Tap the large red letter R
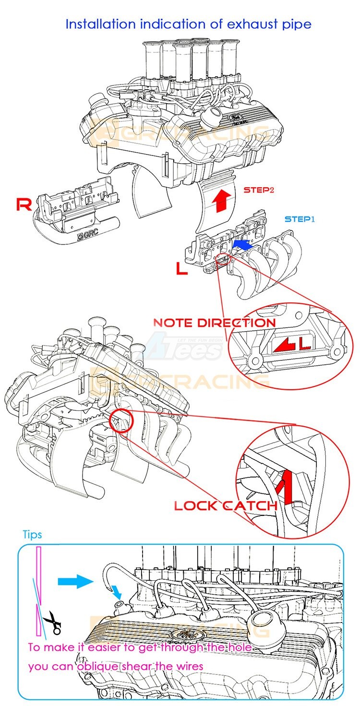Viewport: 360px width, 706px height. [24, 204]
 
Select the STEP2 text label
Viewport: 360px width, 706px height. [259, 190]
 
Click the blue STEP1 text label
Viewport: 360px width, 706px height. [300, 219]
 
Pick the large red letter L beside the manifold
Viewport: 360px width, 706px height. [182, 269]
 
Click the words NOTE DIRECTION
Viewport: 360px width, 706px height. [214, 323]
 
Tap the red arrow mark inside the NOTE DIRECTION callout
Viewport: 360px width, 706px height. [281, 344]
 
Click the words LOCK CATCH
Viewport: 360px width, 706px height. [226, 505]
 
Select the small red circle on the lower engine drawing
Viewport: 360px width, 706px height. [121, 421]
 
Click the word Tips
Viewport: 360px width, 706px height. [32, 535]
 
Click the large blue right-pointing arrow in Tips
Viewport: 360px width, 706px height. [75, 582]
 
